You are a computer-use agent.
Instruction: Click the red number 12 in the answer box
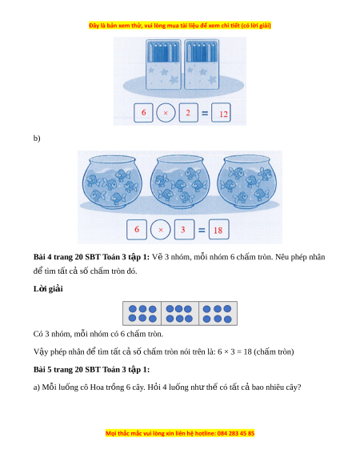(223, 114)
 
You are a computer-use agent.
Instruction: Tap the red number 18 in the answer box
(218, 231)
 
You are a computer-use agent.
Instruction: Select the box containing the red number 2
(188, 113)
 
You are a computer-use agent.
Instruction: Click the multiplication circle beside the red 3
(161, 230)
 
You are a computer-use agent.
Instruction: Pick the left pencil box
(163, 64)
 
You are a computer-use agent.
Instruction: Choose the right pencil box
(202, 64)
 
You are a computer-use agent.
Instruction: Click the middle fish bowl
(179, 181)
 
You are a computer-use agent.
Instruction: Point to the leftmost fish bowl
(112, 181)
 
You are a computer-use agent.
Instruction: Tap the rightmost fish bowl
(247, 181)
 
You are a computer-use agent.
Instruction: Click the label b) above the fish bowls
(37, 139)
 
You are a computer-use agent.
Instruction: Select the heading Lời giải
(48, 289)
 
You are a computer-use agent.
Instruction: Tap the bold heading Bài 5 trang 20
(91, 369)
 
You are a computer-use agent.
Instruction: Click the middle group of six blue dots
(179, 314)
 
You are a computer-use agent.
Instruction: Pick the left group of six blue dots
(142, 314)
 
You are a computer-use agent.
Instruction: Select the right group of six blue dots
(218, 314)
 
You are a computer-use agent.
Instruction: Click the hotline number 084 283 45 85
(236, 433)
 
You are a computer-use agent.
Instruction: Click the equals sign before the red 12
(205, 113)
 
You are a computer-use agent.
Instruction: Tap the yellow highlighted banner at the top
(180, 26)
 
